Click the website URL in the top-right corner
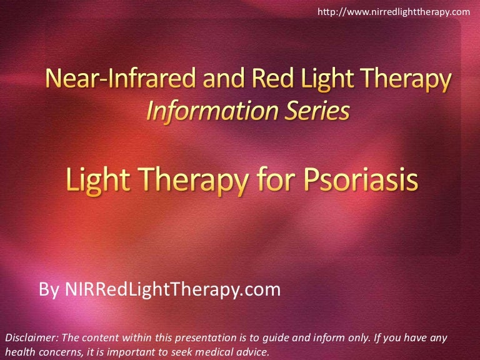point(393,11)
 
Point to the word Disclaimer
point(31,338)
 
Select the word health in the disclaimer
point(19,352)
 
